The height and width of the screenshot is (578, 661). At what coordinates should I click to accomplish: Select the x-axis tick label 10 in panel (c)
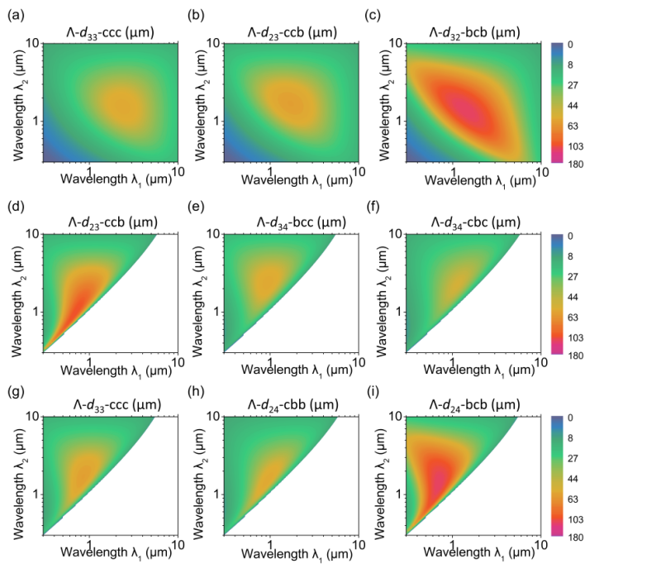pyautogui.click(x=538, y=170)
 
